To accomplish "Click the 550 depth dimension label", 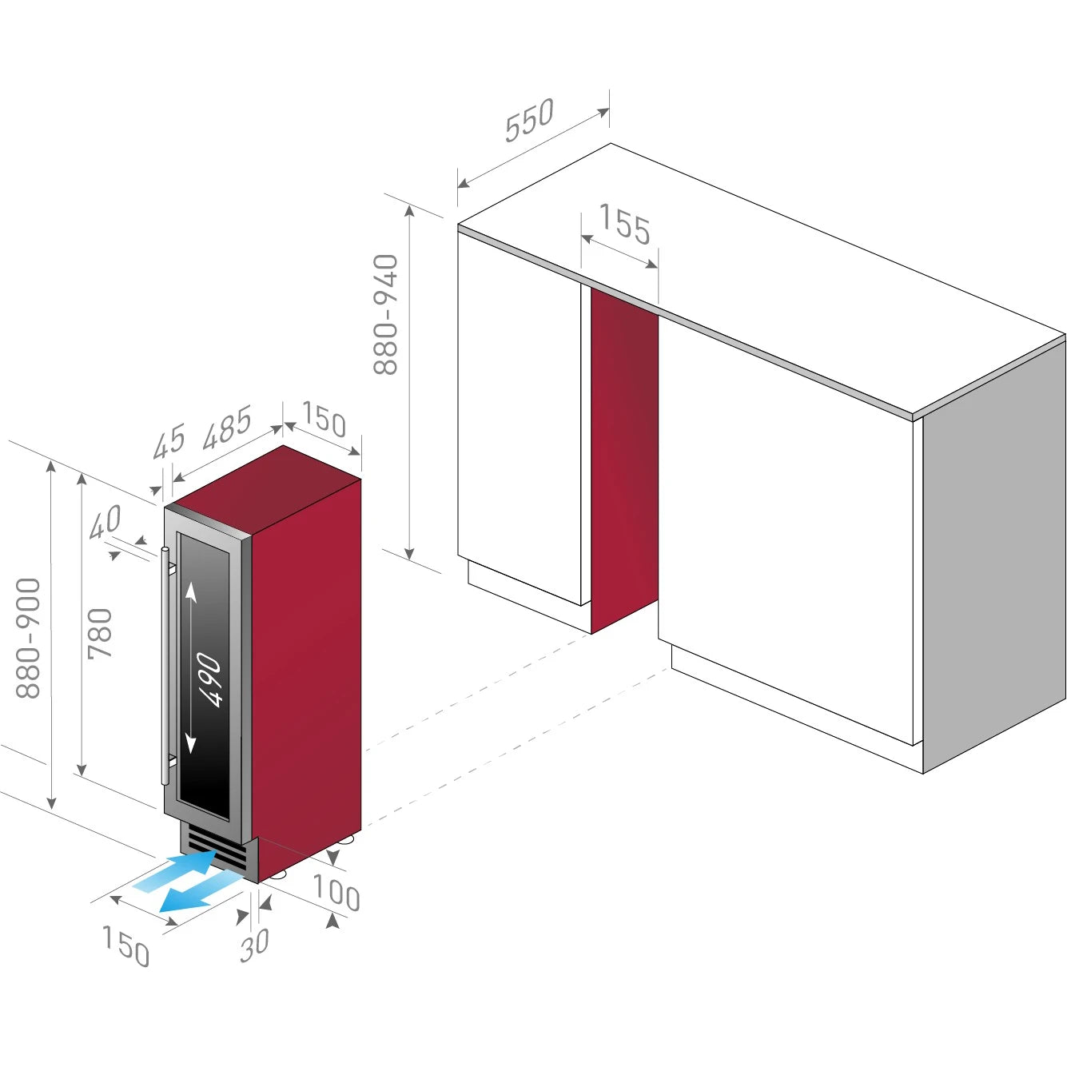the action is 529,120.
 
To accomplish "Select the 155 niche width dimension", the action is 624,224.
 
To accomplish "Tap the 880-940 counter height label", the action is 386,314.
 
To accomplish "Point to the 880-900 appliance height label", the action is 28,637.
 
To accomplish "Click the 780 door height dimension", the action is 100,634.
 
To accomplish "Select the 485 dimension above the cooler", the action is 227,428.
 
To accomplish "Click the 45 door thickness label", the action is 169,441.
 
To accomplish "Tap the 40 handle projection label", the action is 106,522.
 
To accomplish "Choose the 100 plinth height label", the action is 336,893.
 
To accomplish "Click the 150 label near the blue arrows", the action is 125,946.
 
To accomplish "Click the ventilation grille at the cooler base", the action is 217,848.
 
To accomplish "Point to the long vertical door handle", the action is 165,666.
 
